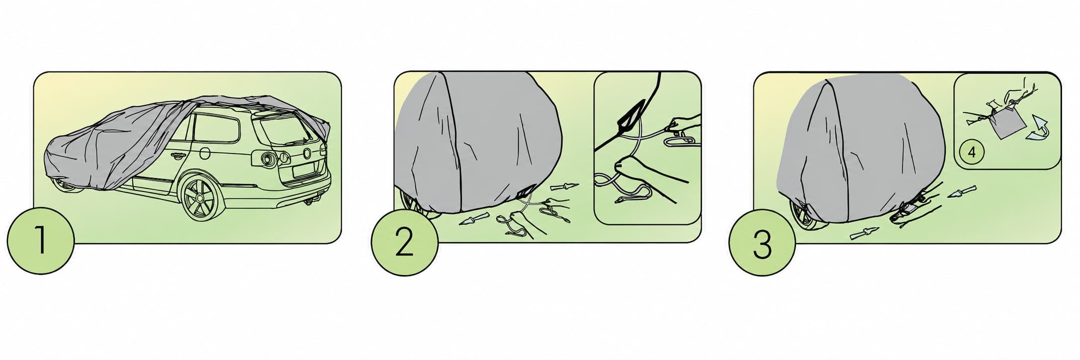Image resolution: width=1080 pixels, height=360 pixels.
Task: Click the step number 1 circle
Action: [40, 241]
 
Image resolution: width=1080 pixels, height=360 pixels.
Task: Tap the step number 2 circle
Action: [404, 242]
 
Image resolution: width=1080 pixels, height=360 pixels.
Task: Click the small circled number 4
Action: [972, 153]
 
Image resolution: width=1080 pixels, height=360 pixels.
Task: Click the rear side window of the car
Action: [214, 127]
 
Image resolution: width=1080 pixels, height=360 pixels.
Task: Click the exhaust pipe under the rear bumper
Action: [311, 199]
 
